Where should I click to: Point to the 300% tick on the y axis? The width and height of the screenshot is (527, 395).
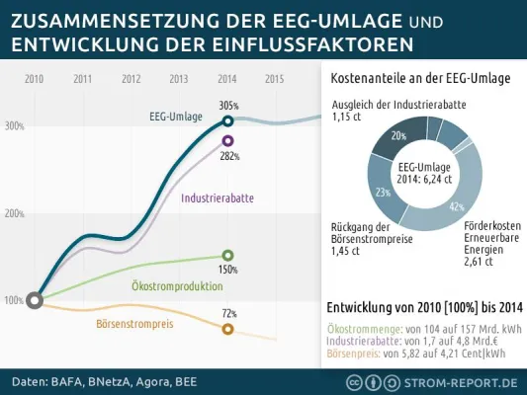(15, 126)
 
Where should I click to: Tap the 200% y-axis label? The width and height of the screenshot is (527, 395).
(15, 213)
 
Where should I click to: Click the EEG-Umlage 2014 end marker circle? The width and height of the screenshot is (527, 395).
(228, 120)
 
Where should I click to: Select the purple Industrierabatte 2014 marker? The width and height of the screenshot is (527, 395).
(228, 141)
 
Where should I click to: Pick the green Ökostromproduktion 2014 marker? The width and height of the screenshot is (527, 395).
(228, 255)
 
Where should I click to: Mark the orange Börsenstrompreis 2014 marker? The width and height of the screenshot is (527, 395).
(228, 328)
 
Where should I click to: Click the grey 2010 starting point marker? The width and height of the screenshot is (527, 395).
(35, 300)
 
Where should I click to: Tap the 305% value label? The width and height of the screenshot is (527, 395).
(228, 105)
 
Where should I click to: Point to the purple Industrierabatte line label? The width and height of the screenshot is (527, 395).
(217, 198)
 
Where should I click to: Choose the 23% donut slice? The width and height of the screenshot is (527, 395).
(383, 192)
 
